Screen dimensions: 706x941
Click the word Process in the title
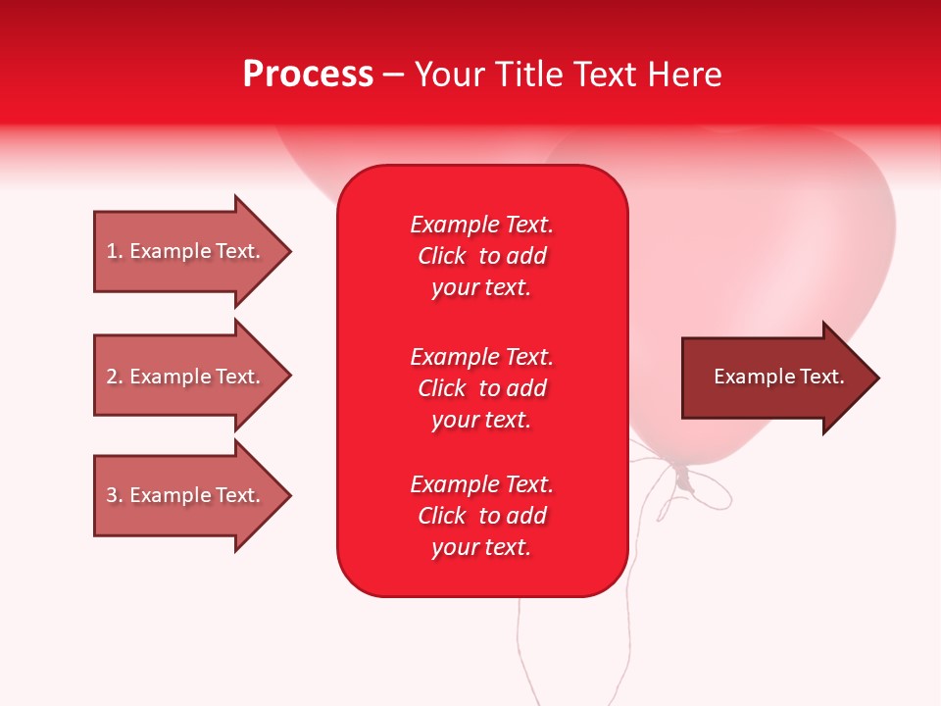pyautogui.click(x=308, y=75)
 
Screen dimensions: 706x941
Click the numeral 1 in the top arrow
pyautogui.click(x=112, y=251)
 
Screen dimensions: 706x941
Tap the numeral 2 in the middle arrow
pyautogui.click(x=112, y=377)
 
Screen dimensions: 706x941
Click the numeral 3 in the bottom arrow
pyautogui.click(x=112, y=495)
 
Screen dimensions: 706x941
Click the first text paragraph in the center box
pyautogui.click(x=481, y=256)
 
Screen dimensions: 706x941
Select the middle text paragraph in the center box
pyautogui.click(x=481, y=388)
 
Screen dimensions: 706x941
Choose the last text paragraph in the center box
pyautogui.click(x=481, y=516)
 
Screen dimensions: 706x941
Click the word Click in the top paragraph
pyautogui.click(x=441, y=257)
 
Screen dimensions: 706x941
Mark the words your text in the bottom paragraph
pyautogui.click(x=481, y=548)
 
